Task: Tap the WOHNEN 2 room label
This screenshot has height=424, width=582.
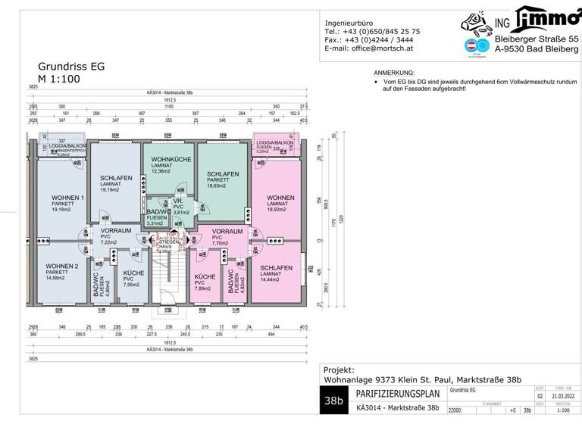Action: tap(61, 267)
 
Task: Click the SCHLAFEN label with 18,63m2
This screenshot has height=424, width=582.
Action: tap(223, 174)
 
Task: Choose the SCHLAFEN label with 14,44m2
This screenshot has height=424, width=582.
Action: tap(276, 268)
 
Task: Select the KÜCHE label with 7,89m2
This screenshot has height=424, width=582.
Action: tap(205, 277)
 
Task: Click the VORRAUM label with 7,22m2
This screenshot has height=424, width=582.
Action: tap(115, 230)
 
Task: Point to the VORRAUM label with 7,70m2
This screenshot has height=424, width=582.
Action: tap(227, 230)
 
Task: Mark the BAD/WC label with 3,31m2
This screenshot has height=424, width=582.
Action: tap(158, 211)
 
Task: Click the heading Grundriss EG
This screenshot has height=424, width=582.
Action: tap(71, 66)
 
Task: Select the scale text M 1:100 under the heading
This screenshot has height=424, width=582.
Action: tap(58, 78)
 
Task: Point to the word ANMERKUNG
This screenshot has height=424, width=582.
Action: tap(389, 70)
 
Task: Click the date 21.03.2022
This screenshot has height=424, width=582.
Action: tap(563, 395)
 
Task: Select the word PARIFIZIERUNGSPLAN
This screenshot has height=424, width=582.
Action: tap(399, 394)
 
